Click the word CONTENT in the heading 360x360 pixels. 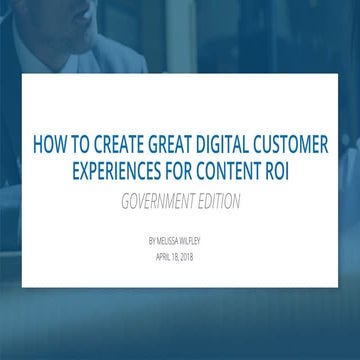coord(237,172)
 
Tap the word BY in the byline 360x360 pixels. coord(150,240)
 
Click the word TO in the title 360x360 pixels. coord(81,144)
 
